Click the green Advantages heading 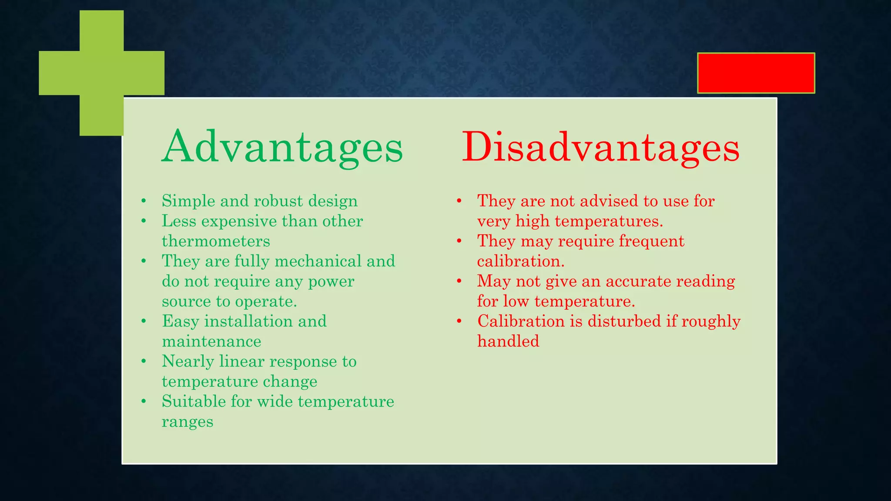point(282,147)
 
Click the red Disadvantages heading point(600,147)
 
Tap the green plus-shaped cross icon point(102,73)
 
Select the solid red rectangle point(756,73)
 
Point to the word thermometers point(216,241)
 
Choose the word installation point(248,321)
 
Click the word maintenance point(211,341)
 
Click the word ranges point(188,422)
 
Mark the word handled point(508,341)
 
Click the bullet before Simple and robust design point(144,201)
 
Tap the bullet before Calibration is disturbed point(459,321)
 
